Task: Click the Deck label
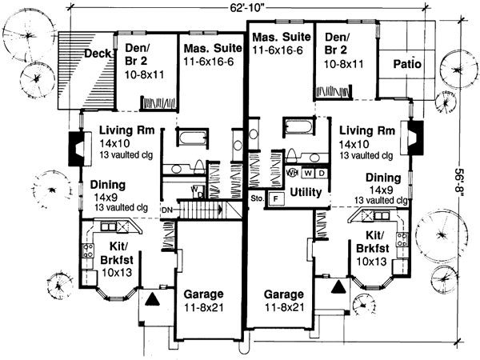coord(98,55)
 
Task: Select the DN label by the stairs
coord(166,210)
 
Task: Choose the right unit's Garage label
coord(283,293)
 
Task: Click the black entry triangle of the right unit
coord(338,284)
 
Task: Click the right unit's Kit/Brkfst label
coord(373,248)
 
